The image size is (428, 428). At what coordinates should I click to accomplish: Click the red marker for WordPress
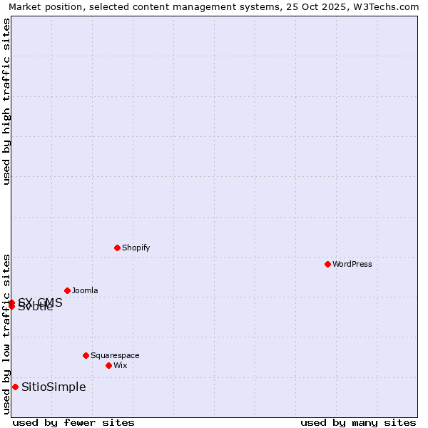click(327, 264)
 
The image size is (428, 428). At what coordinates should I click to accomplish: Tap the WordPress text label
click(352, 264)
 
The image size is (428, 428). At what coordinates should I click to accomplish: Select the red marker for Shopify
click(117, 248)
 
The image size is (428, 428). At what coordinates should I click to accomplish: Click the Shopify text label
click(136, 248)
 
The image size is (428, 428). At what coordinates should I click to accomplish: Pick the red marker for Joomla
click(67, 290)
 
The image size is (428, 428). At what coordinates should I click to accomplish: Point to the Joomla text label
click(85, 290)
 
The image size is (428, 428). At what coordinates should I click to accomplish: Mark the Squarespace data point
click(86, 355)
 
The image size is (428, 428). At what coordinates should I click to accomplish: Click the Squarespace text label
click(115, 355)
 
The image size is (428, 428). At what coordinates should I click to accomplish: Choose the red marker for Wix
click(108, 365)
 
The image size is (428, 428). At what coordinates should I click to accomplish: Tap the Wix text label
click(121, 365)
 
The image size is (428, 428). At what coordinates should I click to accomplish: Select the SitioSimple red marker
click(15, 387)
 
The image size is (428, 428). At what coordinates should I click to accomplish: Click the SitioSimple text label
click(53, 387)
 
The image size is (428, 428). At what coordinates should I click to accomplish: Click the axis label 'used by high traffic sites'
click(6, 101)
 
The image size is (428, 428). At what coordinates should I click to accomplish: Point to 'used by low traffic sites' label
click(6, 333)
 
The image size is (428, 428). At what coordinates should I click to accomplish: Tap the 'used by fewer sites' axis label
click(73, 422)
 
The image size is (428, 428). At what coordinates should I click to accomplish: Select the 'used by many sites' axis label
click(358, 422)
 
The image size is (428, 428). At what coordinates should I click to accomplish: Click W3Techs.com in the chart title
click(386, 6)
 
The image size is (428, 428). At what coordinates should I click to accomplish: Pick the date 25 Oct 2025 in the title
click(319, 6)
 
